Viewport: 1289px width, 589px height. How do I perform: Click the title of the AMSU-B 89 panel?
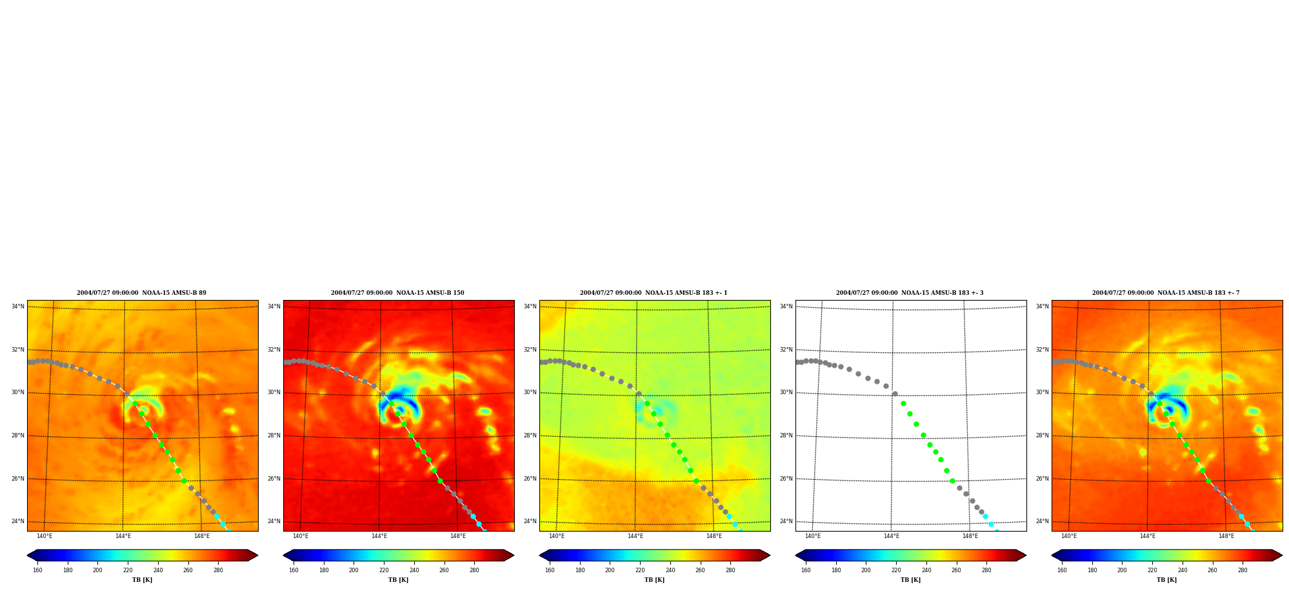(x=141, y=293)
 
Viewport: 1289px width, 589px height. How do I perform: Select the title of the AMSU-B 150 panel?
(x=397, y=293)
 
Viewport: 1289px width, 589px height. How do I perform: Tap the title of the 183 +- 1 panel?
(x=654, y=293)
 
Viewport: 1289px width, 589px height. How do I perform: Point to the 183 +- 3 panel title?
(x=910, y=293)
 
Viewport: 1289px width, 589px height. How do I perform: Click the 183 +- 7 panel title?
(x=1166, y=293)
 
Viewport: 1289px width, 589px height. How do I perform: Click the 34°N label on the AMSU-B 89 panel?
(x=17, y=306)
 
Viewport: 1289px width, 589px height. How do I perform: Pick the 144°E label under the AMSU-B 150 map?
(x=379, y=536)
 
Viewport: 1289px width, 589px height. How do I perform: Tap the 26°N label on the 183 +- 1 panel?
(x=530, y=479)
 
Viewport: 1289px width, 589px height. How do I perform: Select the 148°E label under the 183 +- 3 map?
(x=970, y=536)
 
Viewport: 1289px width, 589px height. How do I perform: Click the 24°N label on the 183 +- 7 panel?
(x=1042, y=521)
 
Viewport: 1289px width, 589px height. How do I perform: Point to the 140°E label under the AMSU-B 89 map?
(x=45, y=536)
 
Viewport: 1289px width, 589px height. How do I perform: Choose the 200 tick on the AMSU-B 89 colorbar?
(x=97, y=570)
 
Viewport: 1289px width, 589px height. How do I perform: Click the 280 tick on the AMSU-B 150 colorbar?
(x=474, y=570)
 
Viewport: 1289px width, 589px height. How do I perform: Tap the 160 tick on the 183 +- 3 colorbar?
(x=806, y=570)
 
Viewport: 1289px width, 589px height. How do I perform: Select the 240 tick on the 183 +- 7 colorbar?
(x=1183, y=570)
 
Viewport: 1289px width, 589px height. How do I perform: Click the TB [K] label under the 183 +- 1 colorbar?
(x=654, y=580)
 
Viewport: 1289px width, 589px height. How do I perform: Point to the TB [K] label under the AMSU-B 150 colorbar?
(x=398, y=580)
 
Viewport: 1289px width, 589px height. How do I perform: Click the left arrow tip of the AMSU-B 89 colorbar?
(x=27, y=555)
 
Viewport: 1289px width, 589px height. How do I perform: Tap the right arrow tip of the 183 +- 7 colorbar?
(x=1283, y=555)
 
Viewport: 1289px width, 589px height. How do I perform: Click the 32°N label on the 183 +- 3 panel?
(x=786, y=350)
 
